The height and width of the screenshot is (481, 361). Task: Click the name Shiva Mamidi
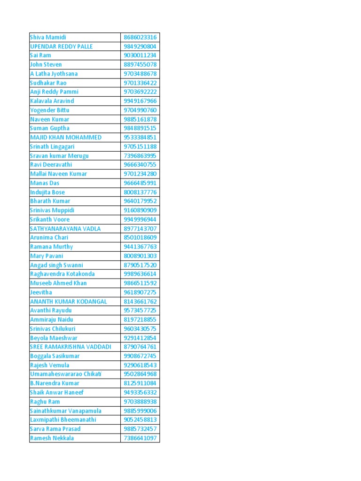[48, 37]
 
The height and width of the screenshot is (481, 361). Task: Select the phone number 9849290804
[140, 47]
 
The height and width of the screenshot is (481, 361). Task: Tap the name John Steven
[46, 64]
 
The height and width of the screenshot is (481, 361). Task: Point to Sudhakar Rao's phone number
[140, 83]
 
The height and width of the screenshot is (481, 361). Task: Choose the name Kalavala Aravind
[52, 101]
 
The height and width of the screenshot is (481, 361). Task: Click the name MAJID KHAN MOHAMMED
[65, 138]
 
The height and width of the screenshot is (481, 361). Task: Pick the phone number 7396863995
[140, 155]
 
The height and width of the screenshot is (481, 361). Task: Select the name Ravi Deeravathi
[50, 165]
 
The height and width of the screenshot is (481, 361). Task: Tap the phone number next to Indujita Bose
[140, 192]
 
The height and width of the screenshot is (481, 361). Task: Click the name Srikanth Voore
[49, 219]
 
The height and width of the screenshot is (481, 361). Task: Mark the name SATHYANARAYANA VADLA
[65, 229]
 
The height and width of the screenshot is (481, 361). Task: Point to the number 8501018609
[140, 238]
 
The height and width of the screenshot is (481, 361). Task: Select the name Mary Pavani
[47, 256]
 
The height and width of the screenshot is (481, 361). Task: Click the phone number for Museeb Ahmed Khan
[140, 283]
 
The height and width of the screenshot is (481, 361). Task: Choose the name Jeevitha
[41, 292]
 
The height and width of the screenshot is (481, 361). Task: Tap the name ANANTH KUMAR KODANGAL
[68, 302]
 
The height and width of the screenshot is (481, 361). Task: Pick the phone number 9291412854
[140, 338]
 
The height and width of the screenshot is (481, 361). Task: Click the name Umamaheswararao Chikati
[66, 374]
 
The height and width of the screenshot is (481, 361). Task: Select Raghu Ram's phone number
[140, 402]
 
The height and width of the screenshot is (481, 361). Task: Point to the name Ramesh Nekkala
[52, 438]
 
